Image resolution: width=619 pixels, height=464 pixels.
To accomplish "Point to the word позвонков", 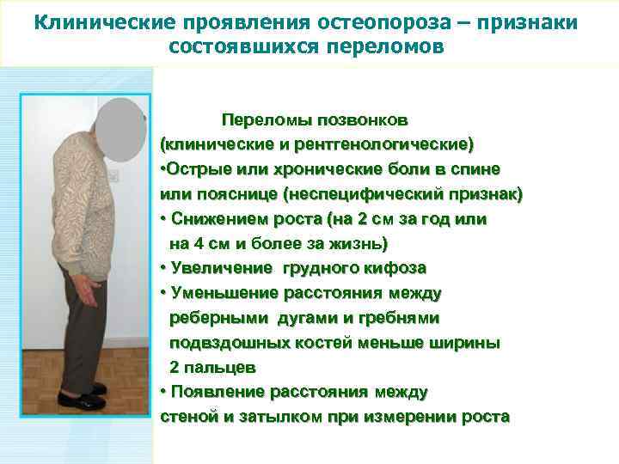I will click(x=362, y=118).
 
